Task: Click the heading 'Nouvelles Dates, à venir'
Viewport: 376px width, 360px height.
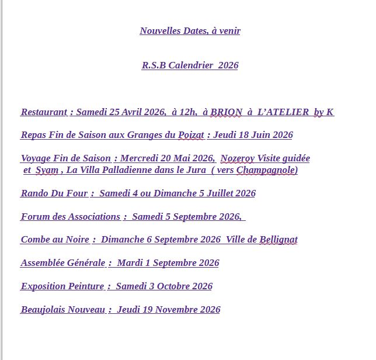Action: click(x=190, y=31)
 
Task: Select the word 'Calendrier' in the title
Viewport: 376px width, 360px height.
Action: click(x=192, y=65)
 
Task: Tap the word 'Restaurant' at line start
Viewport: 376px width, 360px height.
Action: click(x=44, y=112)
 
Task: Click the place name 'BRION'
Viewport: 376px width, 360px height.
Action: click(x=226, y=112)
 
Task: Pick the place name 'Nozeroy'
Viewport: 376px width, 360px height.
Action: click(x=238, y=158)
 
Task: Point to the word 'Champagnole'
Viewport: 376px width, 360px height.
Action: click(x=267, y=170)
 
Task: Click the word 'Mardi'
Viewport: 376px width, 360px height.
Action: click(x=130, y=263)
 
